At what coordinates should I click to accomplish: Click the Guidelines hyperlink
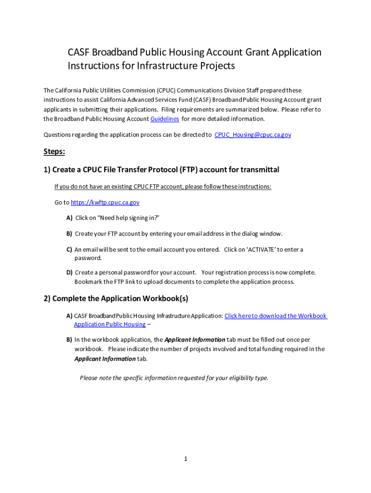point(165,119)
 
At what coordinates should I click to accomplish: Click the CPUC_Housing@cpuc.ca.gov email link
point(252,135)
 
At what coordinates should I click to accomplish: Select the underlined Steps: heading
point(54,152)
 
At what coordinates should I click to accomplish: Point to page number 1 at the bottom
point(185,459)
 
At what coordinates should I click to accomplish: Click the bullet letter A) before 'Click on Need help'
point(69,218)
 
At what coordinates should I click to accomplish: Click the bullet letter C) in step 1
point(69,250)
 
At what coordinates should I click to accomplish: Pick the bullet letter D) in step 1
point(69,272)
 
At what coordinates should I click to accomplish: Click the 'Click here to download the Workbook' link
point(276,316)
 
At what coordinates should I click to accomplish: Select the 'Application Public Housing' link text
point(109,324)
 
